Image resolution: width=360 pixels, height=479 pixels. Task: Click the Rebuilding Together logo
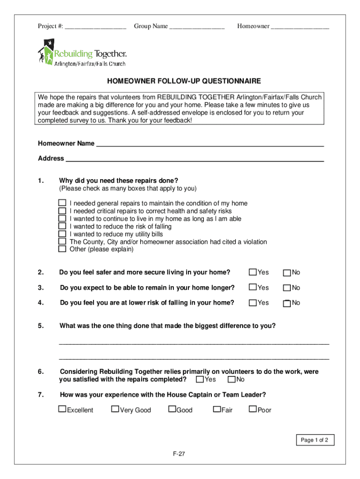82,52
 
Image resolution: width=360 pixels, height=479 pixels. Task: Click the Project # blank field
95,27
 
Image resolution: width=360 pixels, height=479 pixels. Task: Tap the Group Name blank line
197,27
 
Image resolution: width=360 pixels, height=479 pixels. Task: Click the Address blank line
194,159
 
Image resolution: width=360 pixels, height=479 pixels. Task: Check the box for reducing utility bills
62,234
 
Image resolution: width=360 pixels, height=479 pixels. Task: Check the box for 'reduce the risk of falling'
62,226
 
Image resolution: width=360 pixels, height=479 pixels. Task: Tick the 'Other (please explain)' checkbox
62,249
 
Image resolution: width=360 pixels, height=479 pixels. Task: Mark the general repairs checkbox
62,203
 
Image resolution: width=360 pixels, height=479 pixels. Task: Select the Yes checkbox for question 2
253,272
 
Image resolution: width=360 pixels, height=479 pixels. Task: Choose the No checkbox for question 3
288,288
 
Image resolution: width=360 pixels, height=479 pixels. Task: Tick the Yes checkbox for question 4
253,303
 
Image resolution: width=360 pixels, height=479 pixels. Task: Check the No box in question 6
231,379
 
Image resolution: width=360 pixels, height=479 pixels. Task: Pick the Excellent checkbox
62,410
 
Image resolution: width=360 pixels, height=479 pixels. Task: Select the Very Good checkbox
115,410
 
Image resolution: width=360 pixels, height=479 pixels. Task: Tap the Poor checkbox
253,410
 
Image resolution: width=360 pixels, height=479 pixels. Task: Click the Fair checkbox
216,410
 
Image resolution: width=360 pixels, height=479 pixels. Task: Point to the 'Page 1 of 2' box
315,440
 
